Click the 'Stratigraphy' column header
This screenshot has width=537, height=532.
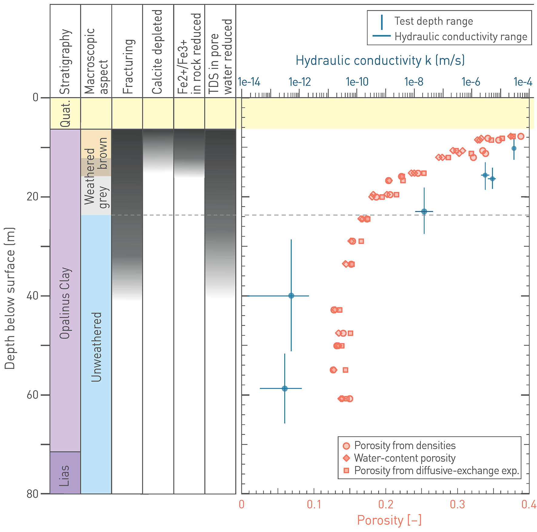(x=65, y=62)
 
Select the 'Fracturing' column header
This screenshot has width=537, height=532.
(x=128, y=66)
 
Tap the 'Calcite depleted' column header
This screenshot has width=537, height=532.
(x=157, y=52)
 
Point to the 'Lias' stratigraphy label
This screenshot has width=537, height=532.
(x=65, y=475)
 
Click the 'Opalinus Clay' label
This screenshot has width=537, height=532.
(x=65, y=303)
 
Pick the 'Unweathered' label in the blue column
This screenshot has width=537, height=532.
(x=96, y=347)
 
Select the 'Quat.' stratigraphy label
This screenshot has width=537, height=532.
(x=65, y=113)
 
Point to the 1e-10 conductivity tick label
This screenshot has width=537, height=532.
(x=357, y=82)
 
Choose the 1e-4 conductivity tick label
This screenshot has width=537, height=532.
(x=523, y=82)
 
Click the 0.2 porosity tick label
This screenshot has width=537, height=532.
(x=386, y=504)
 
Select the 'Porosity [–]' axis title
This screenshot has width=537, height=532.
(x=389, y=520)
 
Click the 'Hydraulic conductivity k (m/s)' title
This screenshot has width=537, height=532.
(x=380, y=61)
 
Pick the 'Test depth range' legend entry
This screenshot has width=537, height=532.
(x=433, y=21)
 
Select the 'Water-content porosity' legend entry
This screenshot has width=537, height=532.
(x=405, y=458)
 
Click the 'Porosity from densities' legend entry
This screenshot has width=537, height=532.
(x=405, y=446)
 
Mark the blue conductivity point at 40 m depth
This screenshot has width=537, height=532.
(x=291, y=296)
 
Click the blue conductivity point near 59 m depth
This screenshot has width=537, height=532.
(x=285, y=389)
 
